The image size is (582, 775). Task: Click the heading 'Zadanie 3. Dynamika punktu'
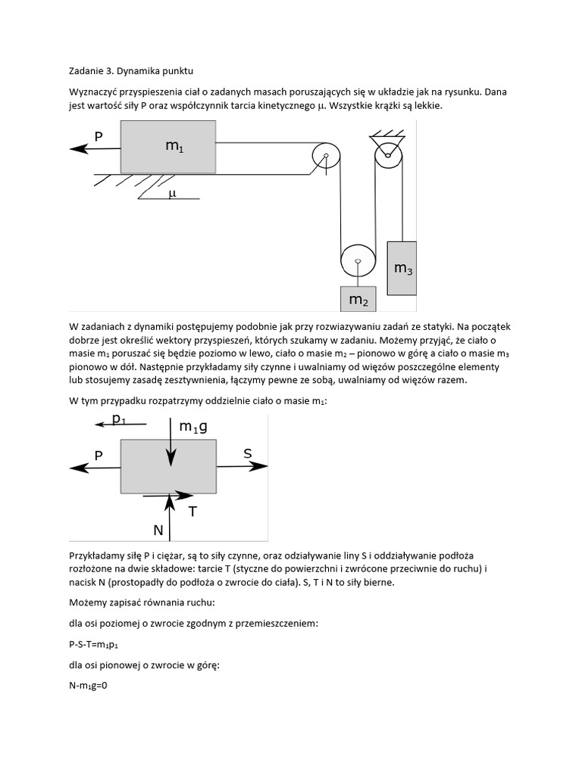click(131, 72)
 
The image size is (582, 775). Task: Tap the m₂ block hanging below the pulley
click(358, 299)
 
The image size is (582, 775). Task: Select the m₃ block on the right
click(402, 268)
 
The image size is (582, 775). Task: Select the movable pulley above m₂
click(357, 263)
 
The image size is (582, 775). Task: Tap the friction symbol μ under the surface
click(171, 194)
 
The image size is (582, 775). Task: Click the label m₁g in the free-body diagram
click(193, 427)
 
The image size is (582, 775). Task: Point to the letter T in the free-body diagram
click(192, 512)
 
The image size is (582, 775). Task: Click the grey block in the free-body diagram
click(168, 468)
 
